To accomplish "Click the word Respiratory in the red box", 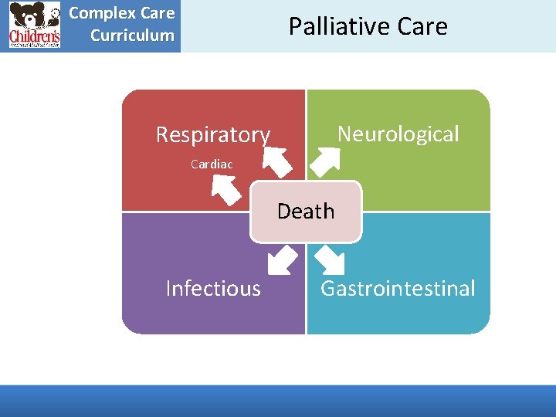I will [212, 135].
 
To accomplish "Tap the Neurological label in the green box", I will [398, 134].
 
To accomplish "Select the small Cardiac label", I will [212, 164].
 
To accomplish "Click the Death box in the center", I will [306, 211].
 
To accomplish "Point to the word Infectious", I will [213, 289].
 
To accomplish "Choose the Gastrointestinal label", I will [398, 289].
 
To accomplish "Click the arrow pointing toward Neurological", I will [324, 160].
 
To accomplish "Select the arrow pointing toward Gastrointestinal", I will [330, 261].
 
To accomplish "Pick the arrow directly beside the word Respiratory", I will [276, 160].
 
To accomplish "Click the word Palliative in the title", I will [327, 26].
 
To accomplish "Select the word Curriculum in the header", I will [132, 35].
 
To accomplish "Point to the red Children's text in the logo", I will [34, 36].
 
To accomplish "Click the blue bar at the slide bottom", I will [278, 401].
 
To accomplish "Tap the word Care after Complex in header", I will [158, 13].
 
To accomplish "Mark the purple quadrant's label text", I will [213, 289].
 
